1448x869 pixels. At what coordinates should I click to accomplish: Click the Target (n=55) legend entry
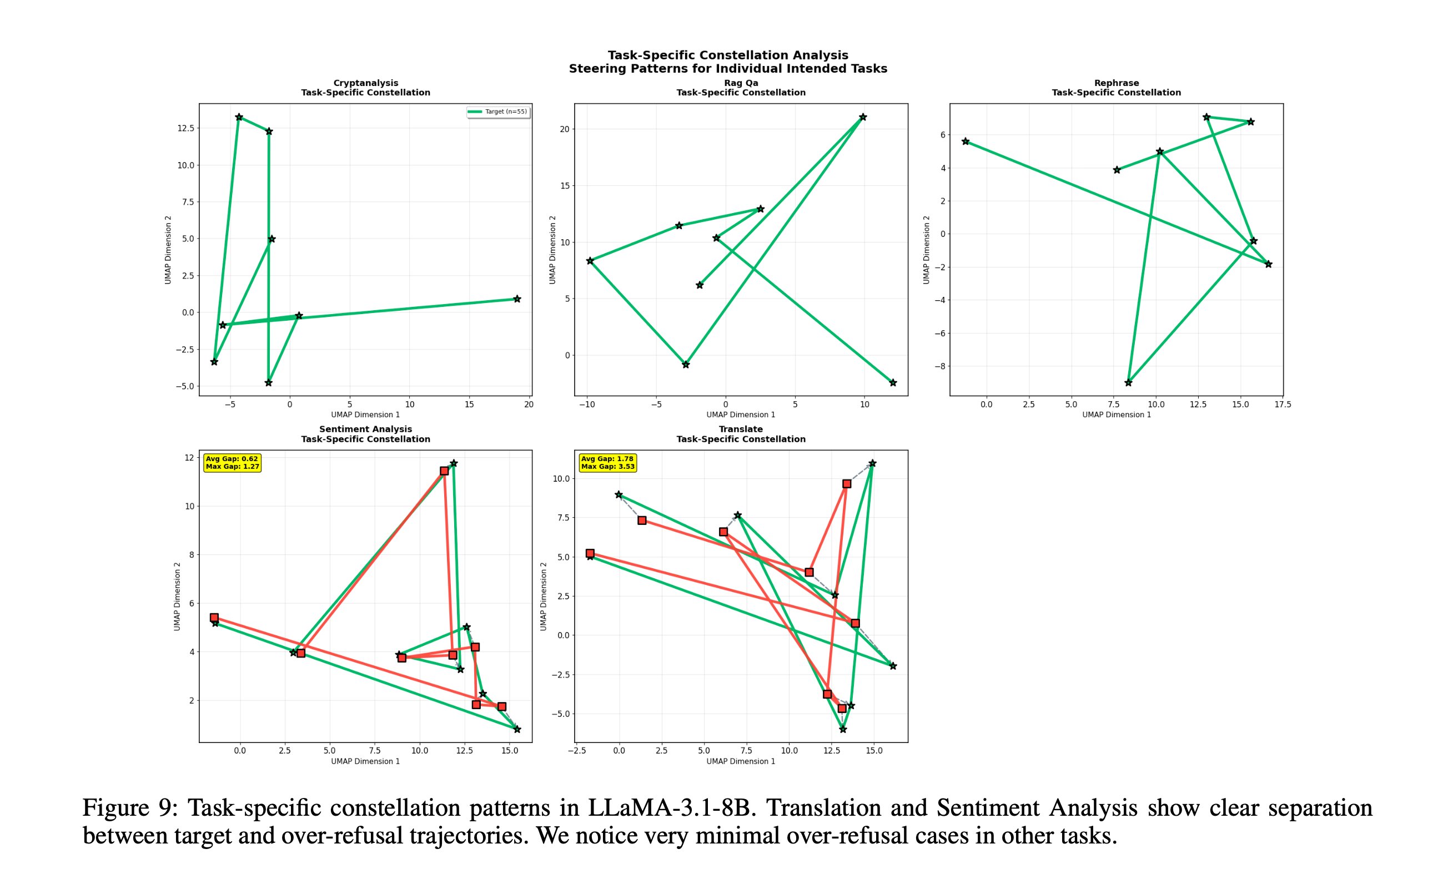point(499,112)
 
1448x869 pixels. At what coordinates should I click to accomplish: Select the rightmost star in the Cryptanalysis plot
point(517,299)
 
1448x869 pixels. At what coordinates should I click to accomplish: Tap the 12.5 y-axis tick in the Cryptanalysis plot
point(185,128)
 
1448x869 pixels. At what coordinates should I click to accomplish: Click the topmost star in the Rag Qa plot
point(863,117)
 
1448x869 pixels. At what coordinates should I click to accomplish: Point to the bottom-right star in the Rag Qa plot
point(893,383)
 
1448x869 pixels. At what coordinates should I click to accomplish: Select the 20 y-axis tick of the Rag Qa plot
point(564,129)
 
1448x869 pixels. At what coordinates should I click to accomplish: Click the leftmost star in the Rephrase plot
point(966,142)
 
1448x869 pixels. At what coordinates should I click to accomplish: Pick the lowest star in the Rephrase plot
point(1128,383)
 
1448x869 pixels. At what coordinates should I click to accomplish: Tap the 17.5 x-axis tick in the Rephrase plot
point(1282,405)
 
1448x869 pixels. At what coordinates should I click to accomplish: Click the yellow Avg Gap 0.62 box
point(232,463)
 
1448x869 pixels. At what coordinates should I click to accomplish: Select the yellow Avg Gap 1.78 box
point(607,463)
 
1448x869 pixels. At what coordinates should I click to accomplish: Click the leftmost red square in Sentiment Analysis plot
point(214,618)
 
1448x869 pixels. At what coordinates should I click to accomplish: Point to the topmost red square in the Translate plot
point(846,484)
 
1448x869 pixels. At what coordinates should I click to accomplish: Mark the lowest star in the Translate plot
point(843,730)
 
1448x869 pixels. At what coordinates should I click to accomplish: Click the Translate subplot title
point(741,434)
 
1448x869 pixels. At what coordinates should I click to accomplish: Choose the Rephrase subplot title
point(1116,88)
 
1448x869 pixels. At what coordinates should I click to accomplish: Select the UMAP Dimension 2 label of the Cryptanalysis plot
point(168,250)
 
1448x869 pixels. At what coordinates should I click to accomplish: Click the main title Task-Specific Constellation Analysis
point(727,55)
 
